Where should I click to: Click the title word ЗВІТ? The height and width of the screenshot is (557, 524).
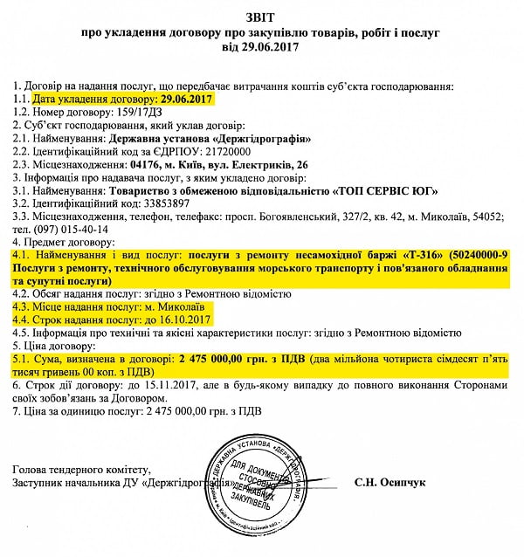(262, 13)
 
